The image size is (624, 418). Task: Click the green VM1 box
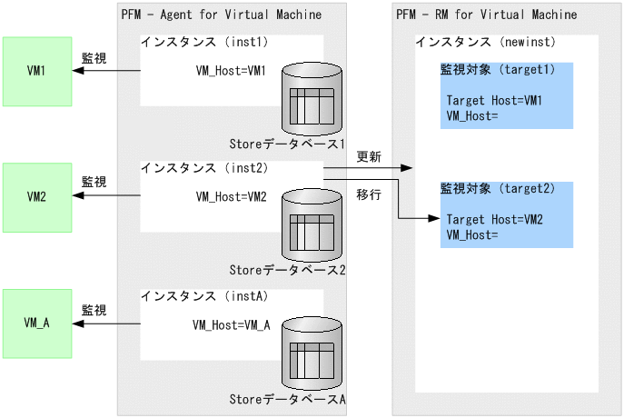pyautogui.click(x=36, y=71)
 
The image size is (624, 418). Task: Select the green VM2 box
pyautogui.click(x=36, y=196)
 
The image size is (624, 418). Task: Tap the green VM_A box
pyautogui.click(x=36, y=322)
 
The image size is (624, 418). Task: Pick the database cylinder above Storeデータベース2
pyautogui.click(x=313, y=224)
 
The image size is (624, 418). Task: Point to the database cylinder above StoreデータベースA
pyautogui.click(x=313, y=350)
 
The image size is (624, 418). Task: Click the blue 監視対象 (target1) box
pyautogui.click(x=507, y=95)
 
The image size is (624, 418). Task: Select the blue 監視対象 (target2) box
pyautogui.click(x=507, y=214)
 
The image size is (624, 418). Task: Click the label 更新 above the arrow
pyautogui.click(x=369, y=157)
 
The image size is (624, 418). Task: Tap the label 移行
pyautogui.click(x=369, y=194)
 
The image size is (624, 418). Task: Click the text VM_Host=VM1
pyautogui.click(x=232, y=71)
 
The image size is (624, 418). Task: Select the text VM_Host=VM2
pyautogui.click(x=232, y=196)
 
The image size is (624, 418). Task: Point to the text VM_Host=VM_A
pyautogui.click(x=232, y=324)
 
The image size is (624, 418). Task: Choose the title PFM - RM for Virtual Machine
pyautogui.click(x=486, y=15)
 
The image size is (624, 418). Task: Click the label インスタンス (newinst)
pyautogui.click(x=485, y=43)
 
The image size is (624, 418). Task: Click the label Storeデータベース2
pyautogui.click(x=287, y=270)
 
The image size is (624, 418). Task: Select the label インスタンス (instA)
pyautogui.click(x=203, y=295)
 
